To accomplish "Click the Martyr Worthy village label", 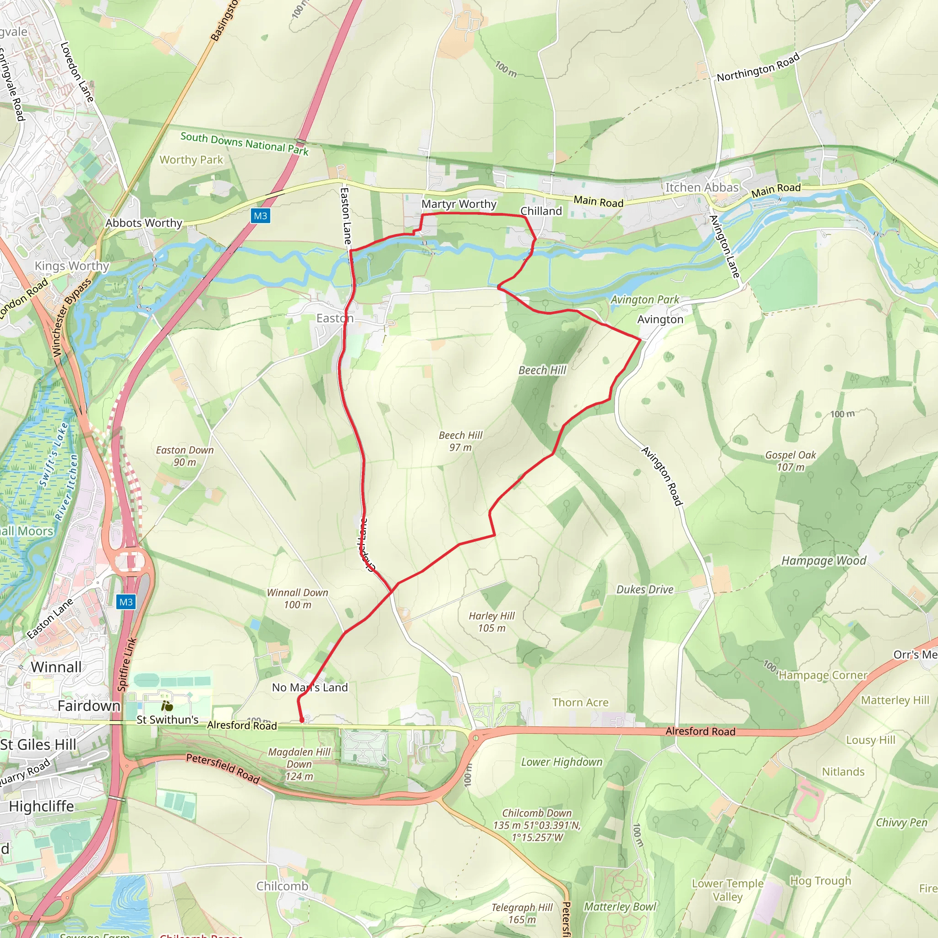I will coord(458,204).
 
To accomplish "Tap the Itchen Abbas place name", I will coord(702,187).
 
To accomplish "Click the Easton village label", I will coord(334,318).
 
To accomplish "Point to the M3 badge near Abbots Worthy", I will coord(260,216).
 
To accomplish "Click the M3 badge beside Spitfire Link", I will coord(126,602).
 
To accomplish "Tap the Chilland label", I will coord(541,211).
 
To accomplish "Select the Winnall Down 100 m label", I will coord(297,598).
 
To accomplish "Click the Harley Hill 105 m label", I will coord(491,622).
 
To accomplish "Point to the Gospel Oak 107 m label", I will coord(791,461).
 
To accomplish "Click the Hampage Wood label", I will coord(823,561).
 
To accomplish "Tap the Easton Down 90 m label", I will coord(185,456).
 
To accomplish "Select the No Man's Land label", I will coord(310,687).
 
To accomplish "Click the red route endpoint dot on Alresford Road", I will coord(301,720).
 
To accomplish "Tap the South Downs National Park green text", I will coord(244,144).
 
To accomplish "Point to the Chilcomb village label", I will coord(282,886).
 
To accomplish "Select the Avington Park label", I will coord(644,300).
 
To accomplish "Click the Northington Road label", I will coord(758,67).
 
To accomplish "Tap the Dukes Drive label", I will coord(645,589).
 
